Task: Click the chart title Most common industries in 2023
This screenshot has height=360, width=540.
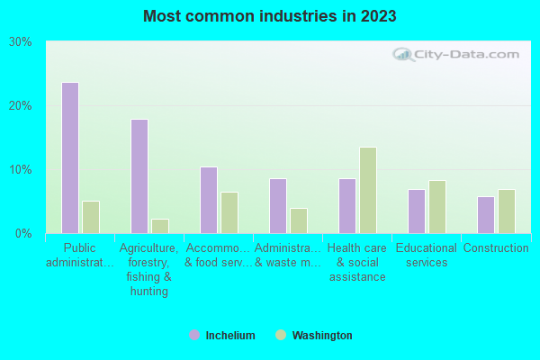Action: tap(270, 16)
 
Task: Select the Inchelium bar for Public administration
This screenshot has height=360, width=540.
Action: tap(70, 157)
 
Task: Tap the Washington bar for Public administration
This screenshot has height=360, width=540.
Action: tap(91, 217)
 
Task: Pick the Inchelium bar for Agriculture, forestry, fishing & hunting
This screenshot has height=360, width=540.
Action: tap(139, 176)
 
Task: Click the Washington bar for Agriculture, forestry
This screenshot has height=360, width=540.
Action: tap(160, 226)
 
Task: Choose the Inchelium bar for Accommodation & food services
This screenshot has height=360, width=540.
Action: tap(209, 200)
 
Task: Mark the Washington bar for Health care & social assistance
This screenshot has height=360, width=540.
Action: tap(368, 190)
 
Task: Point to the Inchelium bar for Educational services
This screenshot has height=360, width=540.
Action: tap(417, 211)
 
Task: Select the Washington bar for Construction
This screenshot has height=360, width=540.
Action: tap(507, 211)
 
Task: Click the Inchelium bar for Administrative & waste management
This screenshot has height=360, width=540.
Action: tap(278, 205)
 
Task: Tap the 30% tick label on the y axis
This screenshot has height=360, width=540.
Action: tap(21, 42)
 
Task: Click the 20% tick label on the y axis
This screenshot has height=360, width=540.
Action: tap(21, 106)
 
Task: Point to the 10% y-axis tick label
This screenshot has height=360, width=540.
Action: tap(21, 170)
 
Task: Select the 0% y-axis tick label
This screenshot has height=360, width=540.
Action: tap(23, 234)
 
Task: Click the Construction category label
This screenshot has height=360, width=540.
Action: tap(496, 248)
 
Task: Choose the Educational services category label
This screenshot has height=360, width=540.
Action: tap(427, 256)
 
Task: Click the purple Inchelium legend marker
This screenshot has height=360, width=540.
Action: tap(194, 336)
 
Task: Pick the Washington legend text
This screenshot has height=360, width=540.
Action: tap(322, 336)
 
